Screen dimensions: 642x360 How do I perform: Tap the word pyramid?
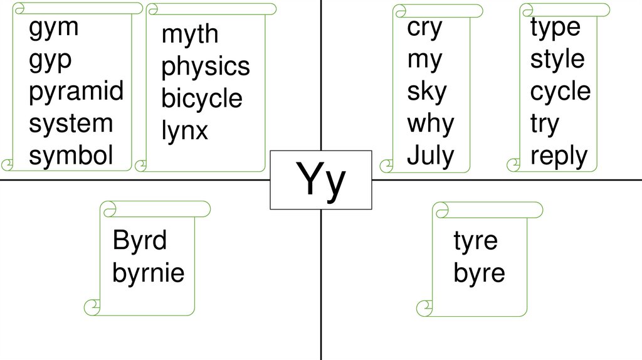tap(76, 92)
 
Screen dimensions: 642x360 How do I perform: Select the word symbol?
tap(71, 156)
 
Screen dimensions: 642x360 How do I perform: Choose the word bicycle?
tap(202, 99)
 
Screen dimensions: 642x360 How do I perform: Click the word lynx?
tap(184, 131)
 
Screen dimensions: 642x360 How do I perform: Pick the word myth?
tap(190, 35)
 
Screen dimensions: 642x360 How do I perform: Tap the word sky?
tap(427, 92)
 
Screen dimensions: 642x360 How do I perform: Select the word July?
tap(431, 155)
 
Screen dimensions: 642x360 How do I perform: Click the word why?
tap(430, 124)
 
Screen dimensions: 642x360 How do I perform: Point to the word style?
tap(557, 60)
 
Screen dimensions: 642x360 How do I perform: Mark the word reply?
tap(559, 156)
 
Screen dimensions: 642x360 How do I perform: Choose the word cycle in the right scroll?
tap(560, 92)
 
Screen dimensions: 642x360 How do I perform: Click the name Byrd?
tap(140, 240)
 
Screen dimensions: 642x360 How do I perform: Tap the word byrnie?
tap(149, 273)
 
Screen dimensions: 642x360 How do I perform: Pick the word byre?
tap(479, 273)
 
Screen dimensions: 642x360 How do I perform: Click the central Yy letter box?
tap(321, 180)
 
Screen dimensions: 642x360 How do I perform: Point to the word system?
tap(71, 124)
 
